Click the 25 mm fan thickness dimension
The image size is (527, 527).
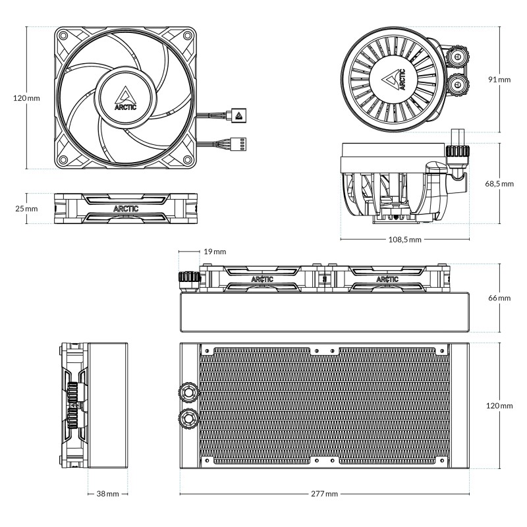(x=27, y=208)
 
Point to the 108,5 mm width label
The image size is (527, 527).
(x=404, y=239)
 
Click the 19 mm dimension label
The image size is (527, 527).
(x=214, y=252)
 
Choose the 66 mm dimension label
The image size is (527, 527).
(x=500, y=298)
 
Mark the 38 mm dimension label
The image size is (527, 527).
(x=108, y=493)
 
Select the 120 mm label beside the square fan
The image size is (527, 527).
(x=27, y=98)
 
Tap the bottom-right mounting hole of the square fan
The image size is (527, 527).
(x=188, y=160)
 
